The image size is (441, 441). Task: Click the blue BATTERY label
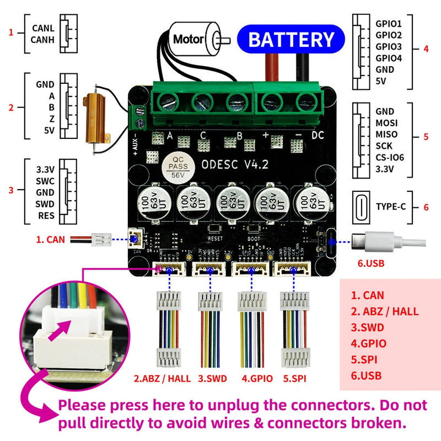coord(291,40)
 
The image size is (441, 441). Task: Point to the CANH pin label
coord(43,39)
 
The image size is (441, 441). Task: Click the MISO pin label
coord(386,134)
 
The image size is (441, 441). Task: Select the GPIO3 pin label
coord(389,46)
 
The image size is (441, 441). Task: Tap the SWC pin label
coord(45,181)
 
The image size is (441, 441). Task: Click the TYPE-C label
coord(391,207)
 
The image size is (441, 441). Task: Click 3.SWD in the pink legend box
coord(369,327)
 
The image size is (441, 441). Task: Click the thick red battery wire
coord(272,69)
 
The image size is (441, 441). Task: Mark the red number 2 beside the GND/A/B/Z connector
coord(11,107)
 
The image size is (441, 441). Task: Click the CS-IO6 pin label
coord(390,158)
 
